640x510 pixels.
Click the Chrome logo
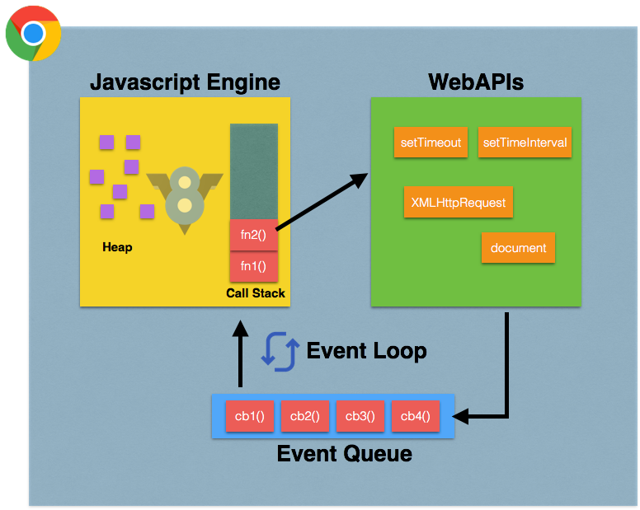34,34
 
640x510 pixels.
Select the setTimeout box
431,143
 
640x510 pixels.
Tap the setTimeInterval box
525,143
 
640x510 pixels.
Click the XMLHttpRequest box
459,202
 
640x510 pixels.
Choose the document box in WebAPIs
519,248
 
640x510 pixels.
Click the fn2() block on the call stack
253,235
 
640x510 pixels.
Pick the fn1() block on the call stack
253,266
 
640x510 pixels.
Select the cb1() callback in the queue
250,416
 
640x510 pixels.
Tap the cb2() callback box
305,416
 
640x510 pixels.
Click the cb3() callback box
360,416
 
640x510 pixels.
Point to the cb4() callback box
416,416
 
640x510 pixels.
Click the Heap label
117,247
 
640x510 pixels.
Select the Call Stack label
256,293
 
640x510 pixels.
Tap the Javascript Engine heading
186,82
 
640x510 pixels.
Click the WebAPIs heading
476,82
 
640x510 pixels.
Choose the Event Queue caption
345,454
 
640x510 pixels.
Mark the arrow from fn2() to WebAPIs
322,201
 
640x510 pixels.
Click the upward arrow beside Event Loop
240,353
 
